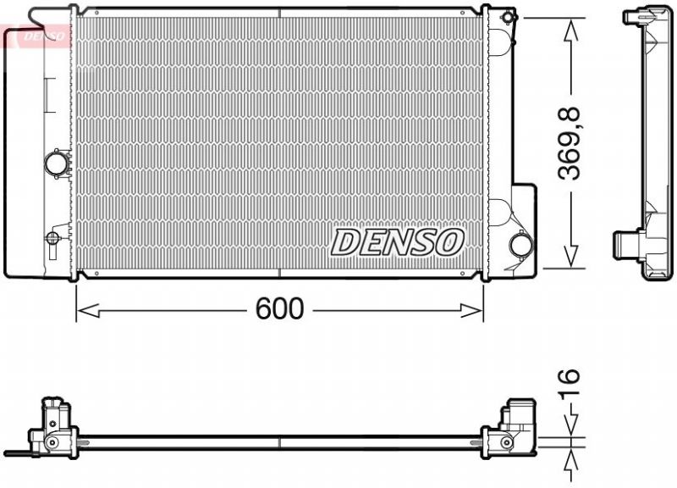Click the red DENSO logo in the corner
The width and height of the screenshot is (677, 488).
coord(36,36)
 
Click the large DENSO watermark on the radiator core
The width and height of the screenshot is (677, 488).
coord(397,241)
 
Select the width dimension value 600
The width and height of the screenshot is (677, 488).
coord(279,310)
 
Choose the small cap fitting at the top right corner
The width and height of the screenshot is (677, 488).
coord(507,17)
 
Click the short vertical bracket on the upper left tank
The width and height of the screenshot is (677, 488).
coord(47,90)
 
